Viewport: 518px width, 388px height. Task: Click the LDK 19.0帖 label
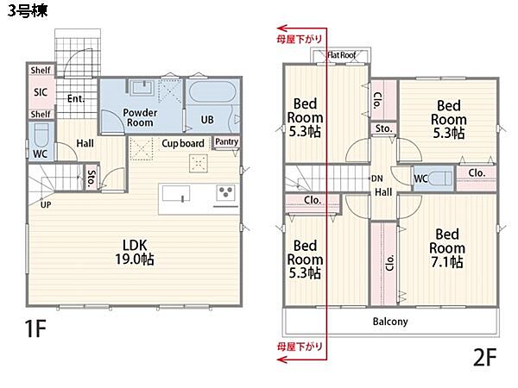pos(135,252)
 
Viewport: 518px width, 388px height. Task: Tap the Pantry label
pos(226,141)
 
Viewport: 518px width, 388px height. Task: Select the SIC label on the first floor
pos(41,92)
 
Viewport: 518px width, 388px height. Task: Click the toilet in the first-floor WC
pos(41,135)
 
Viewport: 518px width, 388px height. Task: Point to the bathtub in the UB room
pos(213,91)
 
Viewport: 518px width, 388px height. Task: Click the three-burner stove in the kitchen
pos(226,192)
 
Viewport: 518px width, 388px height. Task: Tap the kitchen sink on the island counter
pos(176,194)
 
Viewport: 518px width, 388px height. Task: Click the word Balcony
pos(390,322)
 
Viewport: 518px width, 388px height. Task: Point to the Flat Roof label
pos(342,55)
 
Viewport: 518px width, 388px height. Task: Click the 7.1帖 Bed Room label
pos(447,248)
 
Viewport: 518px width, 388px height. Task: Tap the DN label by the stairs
pos(377,178)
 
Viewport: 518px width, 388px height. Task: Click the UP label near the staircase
pos(46,204)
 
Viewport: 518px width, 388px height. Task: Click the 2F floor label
pos(485,357)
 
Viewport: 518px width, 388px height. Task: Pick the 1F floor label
pos(35,329)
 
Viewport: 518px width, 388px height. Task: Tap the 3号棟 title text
pos(28,10)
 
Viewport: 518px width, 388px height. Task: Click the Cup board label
pos(183,143)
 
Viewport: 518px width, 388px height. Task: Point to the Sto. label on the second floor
pos(383,128)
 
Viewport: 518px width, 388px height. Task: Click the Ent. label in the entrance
pos(76,98)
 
